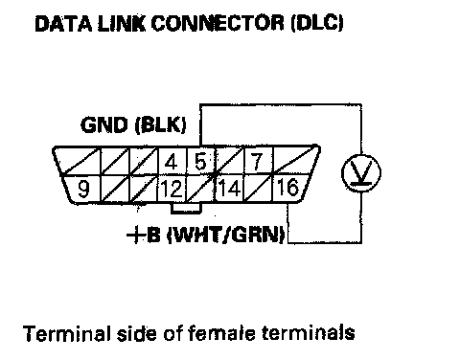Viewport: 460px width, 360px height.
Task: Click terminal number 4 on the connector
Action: click(172, 161)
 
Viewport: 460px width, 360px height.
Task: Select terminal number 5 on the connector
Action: click(200, 161)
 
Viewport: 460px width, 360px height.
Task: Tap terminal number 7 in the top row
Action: click(257, 161)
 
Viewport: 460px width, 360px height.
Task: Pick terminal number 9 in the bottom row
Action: click(83, 189)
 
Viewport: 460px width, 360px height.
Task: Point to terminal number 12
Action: click(172, 189)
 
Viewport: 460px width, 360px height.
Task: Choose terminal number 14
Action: click(229, 189)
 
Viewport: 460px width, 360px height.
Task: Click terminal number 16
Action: click(288, 188)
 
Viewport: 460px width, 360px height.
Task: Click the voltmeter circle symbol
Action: click(361, 173)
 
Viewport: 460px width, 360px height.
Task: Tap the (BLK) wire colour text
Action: click(160, 124)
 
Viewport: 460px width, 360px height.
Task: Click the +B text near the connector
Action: click(143, 236)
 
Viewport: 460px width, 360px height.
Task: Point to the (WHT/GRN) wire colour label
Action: click(226, 236)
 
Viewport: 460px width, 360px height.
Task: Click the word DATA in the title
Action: click(63, 24)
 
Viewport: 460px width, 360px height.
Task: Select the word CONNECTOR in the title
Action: click(218, 23)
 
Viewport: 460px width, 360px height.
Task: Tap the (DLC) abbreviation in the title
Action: click(317, 23)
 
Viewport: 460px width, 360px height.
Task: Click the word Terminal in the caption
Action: click(67, 333)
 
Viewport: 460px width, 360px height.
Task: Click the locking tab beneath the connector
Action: click(186, 208)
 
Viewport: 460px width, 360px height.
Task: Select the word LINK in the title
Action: click(122, 24)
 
